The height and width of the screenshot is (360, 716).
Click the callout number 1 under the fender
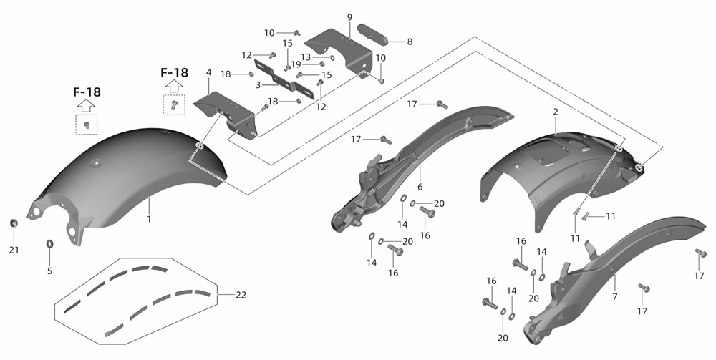149,220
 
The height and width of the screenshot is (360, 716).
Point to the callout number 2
556,112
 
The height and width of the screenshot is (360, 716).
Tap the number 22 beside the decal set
241,295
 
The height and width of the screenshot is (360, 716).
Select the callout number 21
14,250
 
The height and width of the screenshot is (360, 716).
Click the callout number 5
50,271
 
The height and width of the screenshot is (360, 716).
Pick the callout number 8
410,42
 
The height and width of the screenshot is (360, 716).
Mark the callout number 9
350,18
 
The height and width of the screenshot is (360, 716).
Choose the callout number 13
306,57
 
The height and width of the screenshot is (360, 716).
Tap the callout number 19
296,65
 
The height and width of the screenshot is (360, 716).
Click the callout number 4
208,72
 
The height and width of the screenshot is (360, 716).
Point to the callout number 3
258,85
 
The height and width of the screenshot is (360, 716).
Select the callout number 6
420,187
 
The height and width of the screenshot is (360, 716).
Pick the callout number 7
615,296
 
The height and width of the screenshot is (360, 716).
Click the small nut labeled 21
14,223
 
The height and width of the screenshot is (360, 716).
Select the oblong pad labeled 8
372,34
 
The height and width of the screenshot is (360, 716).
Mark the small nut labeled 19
321,64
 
